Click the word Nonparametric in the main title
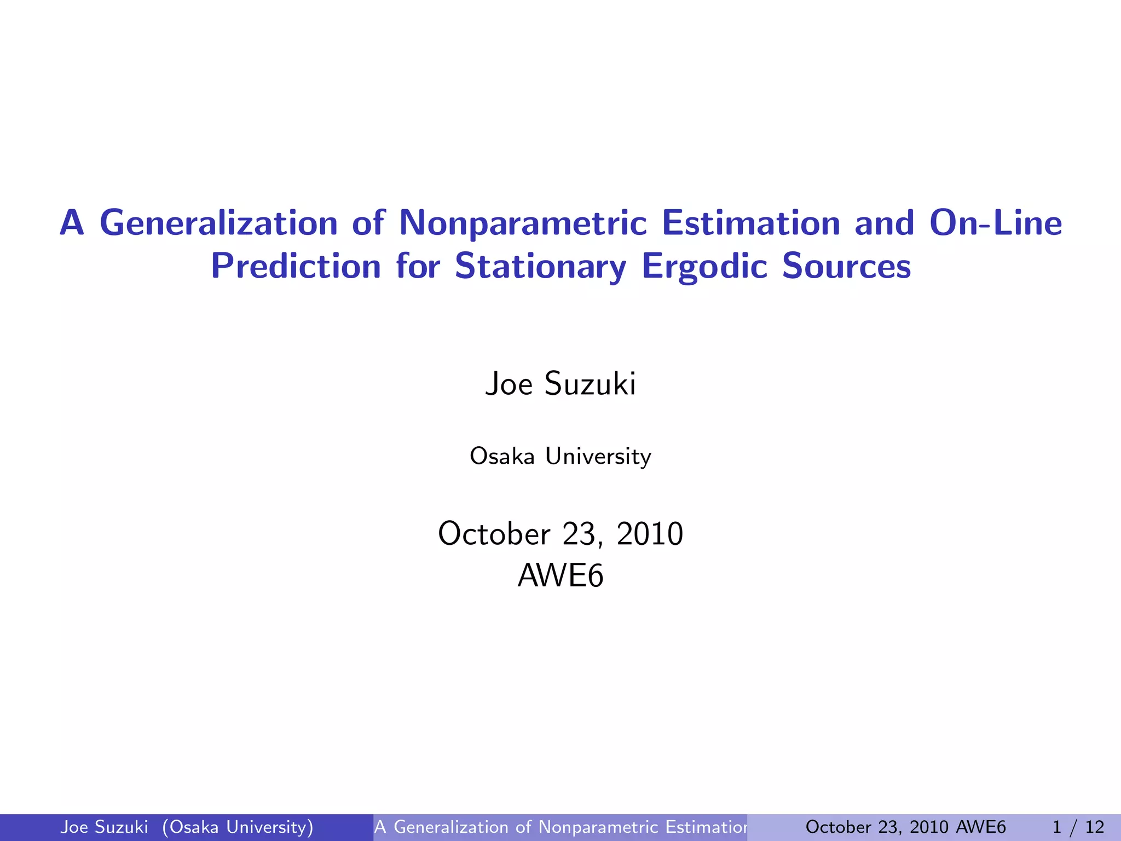tap(523, 224)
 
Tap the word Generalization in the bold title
tap(218, 224)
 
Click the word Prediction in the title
tap(296, 267)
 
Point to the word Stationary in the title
tap(540, 267)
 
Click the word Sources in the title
tap(846, 267)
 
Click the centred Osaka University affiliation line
tap(560, 456)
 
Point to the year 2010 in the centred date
tap(650, 533)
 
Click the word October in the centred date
tap(494, 533)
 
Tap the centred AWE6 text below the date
tap(560, 576)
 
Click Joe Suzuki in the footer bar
tap(104, 827)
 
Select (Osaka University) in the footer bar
tap(238, 827)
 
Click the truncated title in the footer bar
tap(560, 827)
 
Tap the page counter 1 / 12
tap(1078, 827)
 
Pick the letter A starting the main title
tap(72, 224)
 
